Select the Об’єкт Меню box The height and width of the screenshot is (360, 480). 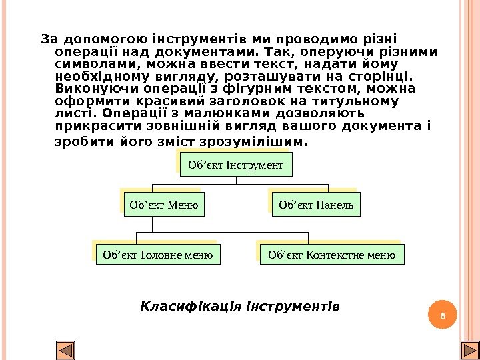pos(164,205)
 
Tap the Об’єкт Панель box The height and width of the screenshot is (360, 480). pos(316,205)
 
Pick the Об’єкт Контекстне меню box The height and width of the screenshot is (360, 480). pos(331,254)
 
